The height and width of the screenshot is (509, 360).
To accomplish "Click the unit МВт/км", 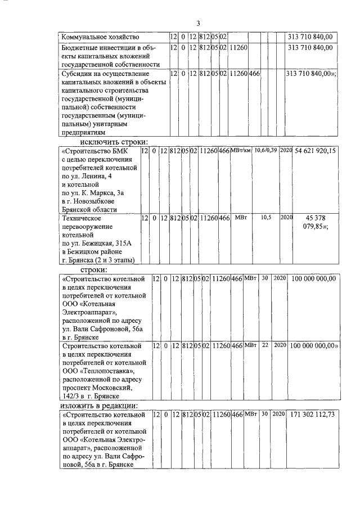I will click(x=241, y=151).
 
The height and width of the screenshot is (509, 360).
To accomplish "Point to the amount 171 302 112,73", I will click(x=313, y=415).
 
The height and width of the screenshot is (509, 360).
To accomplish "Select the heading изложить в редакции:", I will click(x=99, y=406).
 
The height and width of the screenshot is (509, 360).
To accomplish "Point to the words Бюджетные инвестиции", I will click(x=96, y=48).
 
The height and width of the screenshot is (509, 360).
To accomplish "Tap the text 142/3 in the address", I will click(x=73, y=397).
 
